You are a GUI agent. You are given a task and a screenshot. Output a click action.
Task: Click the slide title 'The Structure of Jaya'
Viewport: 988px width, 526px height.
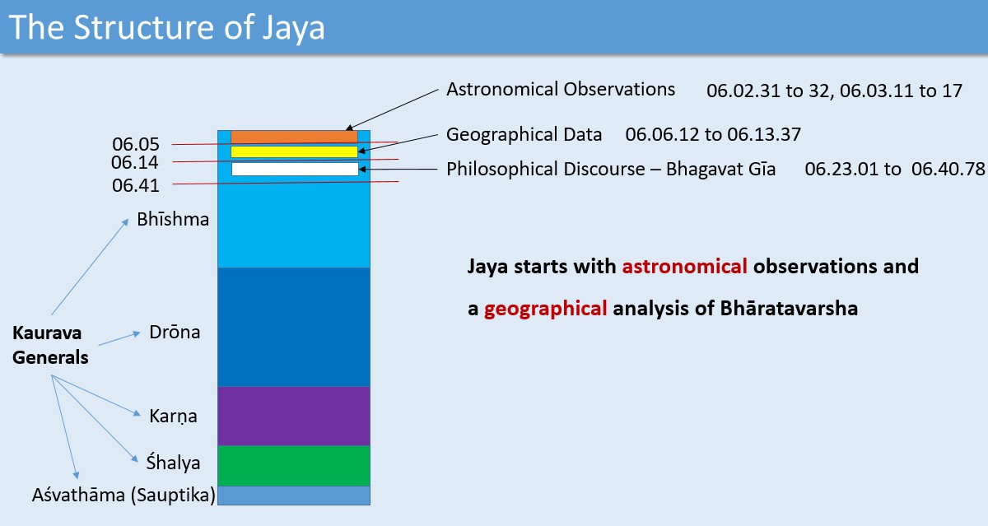(x=166, y=27)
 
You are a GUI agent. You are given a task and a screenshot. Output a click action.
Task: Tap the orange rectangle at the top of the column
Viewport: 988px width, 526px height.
(x=294, y=137)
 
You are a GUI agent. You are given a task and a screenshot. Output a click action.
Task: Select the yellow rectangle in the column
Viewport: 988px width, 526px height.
(x=294, y=151)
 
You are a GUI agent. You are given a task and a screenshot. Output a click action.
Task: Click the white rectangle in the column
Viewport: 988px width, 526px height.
(x=295, y=169)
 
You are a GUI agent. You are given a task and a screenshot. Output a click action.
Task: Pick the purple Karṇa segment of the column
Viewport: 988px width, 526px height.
(x=294, y=416)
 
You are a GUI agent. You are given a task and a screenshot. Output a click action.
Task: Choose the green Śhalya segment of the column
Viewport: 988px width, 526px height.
(x=294, y=466)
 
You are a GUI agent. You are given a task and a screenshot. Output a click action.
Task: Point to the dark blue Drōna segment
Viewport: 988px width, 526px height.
(x=294, y=327)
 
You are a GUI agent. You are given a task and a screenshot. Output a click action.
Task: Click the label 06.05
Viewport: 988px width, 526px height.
(x=135, y=144)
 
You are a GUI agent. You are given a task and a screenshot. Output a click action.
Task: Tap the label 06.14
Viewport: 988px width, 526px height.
(x=134, y=163)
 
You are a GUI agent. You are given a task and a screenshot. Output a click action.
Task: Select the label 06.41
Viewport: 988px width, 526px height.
(x=135, y=185)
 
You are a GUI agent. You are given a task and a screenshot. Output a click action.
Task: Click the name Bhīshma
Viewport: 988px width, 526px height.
(x=173, y=219)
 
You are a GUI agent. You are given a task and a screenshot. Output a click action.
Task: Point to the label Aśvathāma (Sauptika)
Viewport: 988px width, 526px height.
(x=123, y=496)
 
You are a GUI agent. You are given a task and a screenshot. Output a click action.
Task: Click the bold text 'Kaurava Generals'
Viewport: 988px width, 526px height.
(x=50, y=345)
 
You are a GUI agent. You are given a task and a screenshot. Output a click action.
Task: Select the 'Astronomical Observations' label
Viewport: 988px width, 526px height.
(x=561, y=89)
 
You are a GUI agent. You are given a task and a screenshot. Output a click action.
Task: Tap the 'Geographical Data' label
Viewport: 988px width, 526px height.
(x=524, y=134)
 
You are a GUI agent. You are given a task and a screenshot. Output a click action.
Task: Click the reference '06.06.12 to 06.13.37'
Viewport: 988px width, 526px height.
(x=713, y=134)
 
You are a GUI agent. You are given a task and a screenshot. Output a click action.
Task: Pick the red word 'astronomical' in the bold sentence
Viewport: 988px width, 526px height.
(x=684, y=267)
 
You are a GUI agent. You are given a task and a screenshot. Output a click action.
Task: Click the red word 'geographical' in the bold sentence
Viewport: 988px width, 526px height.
(x=546, y=308)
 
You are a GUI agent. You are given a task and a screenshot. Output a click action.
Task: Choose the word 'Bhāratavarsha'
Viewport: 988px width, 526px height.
(x=789, y=308)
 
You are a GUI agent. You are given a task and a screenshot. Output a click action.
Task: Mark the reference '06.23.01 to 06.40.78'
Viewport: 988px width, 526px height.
(x=895, y=169)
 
